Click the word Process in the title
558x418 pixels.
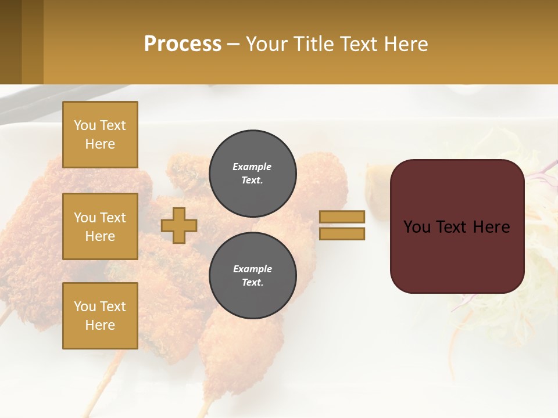click(x=183, y=44)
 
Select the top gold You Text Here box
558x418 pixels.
click(x=100, y=135)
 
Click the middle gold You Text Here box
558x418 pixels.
click(x=100, y=226)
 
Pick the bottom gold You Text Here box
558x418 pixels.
click(x=100, y=316)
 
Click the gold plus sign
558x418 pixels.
click(x=179, y=225)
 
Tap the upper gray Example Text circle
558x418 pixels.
click(x=253, y=173)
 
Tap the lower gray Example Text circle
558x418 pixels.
click(x=253, y=275)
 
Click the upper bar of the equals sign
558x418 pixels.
click(x=342, y=217)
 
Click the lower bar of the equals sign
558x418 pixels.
click(x=342, y=233)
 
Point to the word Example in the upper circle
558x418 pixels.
click(x=252, y=167)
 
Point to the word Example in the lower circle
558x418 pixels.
click(x=252, y=269)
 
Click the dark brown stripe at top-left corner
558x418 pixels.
click(x=10, y=42)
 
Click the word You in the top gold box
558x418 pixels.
click(x=84, y=125)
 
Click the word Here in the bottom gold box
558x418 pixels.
click(x=100, y=325)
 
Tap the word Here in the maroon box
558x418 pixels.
click(x=491, y=227)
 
